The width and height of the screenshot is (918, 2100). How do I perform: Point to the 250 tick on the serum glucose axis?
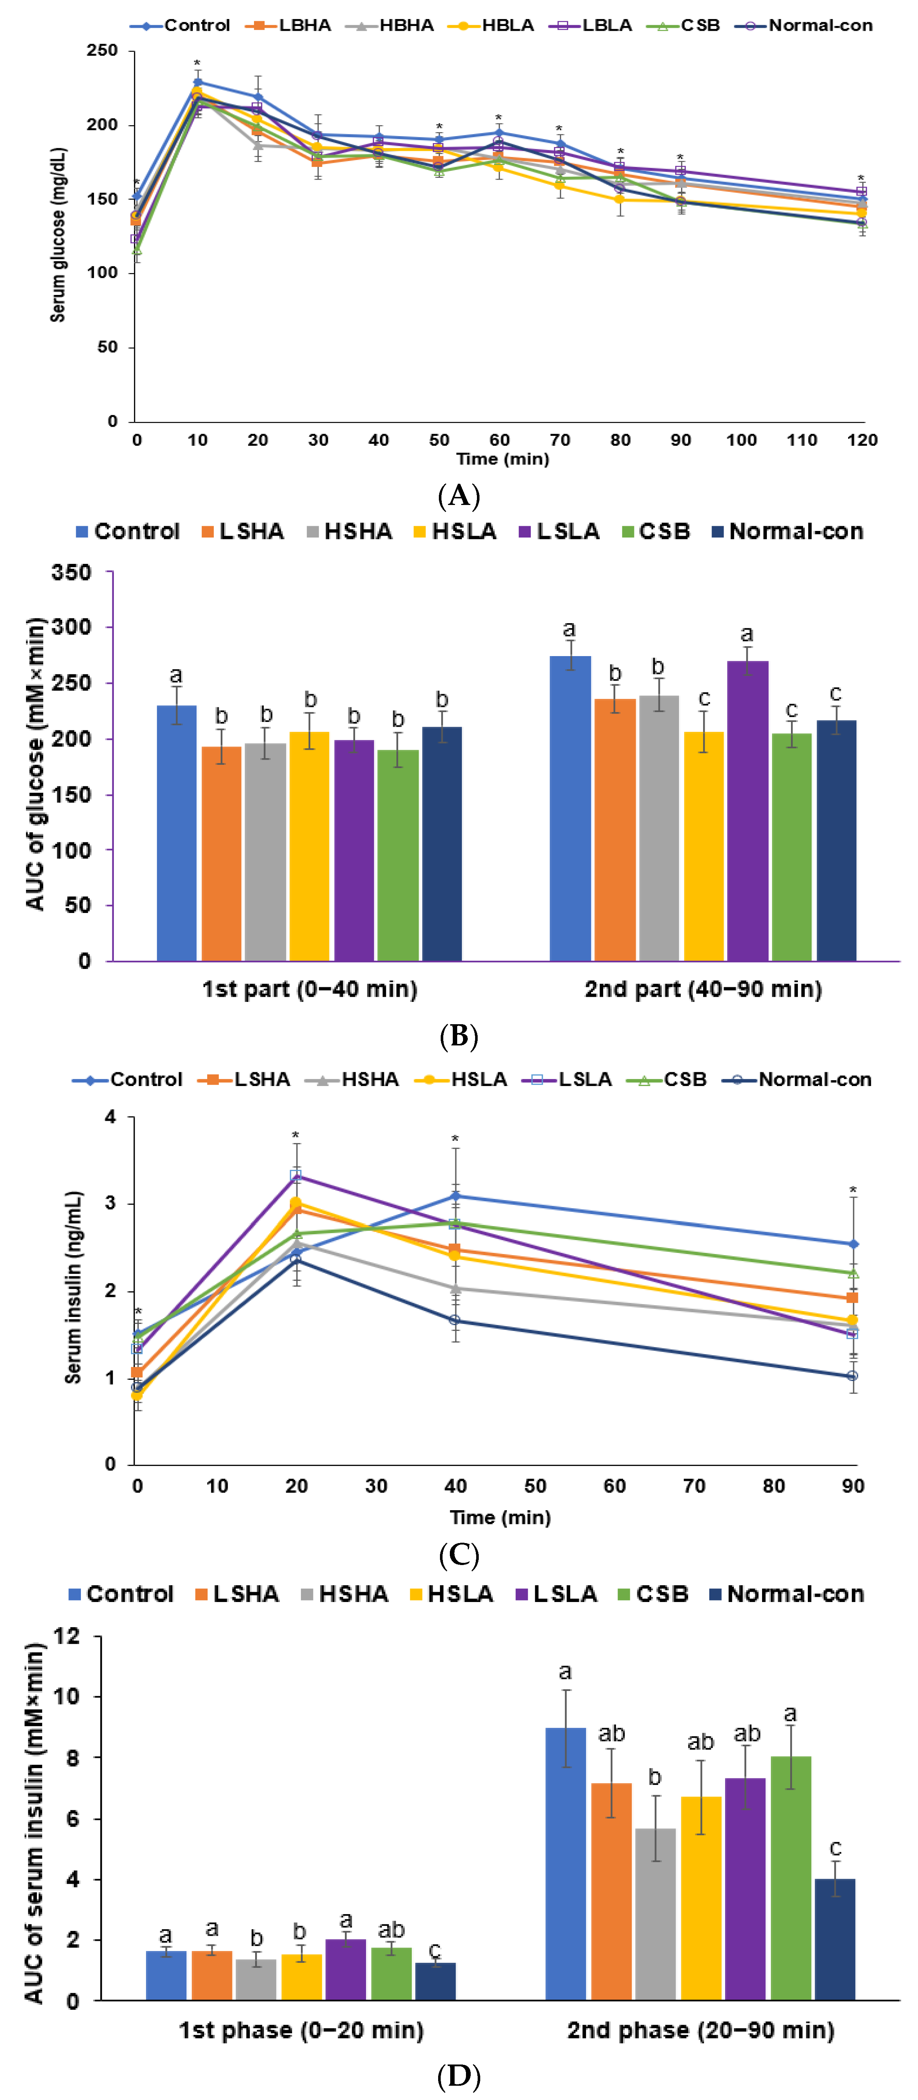[x=103, y=50]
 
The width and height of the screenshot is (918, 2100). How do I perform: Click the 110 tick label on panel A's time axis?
[x=801, y=440]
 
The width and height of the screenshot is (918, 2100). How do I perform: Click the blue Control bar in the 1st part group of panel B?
[x=176, y=831]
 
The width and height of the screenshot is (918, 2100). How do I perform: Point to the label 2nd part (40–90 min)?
[x=703, y=989]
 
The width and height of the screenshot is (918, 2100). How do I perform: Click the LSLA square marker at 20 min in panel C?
[x=296, y=1176]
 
